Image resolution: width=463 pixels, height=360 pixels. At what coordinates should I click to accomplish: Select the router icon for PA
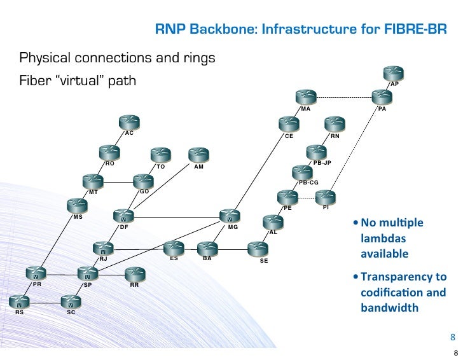coord(382,97)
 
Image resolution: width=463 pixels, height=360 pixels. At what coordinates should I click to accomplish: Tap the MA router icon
coord(306,97)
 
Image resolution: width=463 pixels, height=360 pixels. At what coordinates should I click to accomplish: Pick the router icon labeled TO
coord(160,155)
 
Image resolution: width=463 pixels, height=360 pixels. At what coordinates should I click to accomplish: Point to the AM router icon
coord(199,155)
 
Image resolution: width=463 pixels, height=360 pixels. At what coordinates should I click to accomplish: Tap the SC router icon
coord(71,301)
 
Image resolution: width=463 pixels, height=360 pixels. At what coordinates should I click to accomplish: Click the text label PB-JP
coord(322,163)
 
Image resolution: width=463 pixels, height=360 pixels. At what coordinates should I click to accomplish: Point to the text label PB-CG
coord(308,183)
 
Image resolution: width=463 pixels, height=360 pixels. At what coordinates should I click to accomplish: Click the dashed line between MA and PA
coord(343,97)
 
